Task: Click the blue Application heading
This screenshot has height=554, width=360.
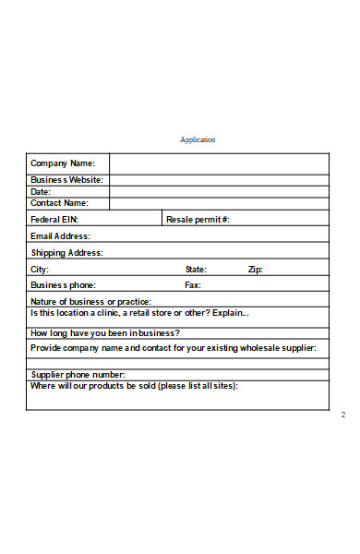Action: point(198,140)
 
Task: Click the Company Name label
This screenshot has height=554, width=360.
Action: point(63,163)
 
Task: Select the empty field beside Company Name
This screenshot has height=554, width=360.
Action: point(218,163)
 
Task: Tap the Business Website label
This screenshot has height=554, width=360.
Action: point(66,180)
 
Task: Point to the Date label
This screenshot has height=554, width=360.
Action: point(41,192)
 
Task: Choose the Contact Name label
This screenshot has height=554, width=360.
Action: point(59,203)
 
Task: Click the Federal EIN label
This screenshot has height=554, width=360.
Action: point(54,220)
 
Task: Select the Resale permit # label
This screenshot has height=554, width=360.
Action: point(198,220)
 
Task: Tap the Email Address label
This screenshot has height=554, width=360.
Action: point(60,236)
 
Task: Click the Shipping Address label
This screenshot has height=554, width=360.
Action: point(66,253)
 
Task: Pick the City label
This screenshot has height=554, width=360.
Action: point(40,270)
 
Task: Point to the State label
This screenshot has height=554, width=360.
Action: point(196,270)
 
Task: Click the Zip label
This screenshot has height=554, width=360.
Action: point(256,270)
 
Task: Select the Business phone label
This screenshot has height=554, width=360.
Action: point(63,285)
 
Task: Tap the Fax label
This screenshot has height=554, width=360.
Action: point(193,285)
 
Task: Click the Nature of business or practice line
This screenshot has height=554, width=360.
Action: point(90,302)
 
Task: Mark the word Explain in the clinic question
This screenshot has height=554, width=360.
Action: point(231,313)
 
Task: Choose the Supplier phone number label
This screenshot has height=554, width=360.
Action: point(78,375)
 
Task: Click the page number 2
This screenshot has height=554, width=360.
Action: point(342,415)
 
